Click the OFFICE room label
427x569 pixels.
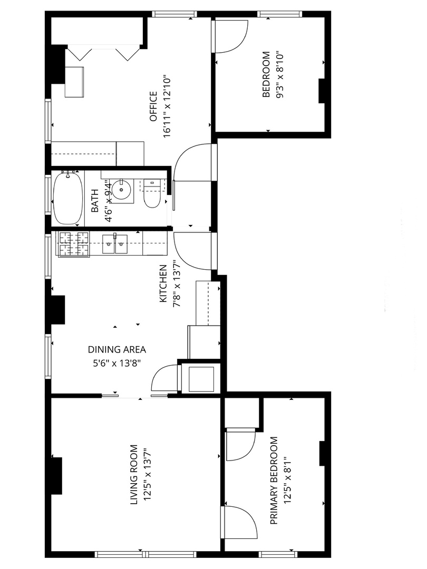(x=153, y=106)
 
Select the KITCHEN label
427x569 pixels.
(x=163, y=283)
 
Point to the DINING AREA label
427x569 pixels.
(x=117, y=349)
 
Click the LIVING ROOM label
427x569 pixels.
(x=134, y=475)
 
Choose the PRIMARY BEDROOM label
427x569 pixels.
(x=274, y=480)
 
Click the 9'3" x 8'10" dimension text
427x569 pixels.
(x=279, y=75)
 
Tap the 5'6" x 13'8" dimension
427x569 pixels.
(x=117, y=363)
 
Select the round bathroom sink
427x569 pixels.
(x=120, y=189)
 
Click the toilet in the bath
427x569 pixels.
(x=152, y=193)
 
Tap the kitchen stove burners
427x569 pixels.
(x=74, y=244)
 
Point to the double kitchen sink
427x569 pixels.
(x=115, y=243)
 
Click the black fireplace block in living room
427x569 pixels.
(x=56, y=476)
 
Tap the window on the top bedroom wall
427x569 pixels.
(x=280, y=14)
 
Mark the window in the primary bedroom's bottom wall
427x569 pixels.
(x=278, y=554)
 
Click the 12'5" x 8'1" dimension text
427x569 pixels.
(x=288, y=480)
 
